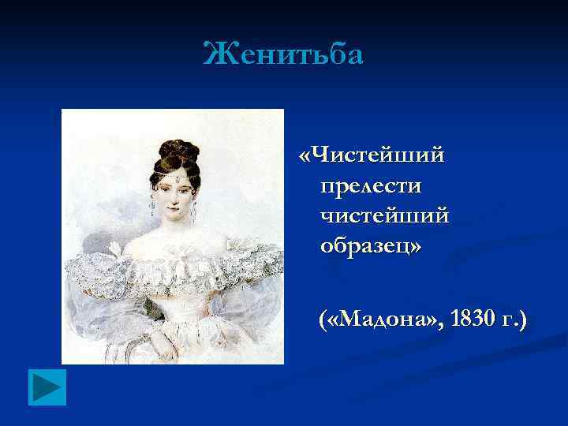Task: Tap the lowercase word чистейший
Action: click(x=385, y=215)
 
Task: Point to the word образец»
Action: click(x=371, y=246)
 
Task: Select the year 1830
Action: click(x=469, y=319)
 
